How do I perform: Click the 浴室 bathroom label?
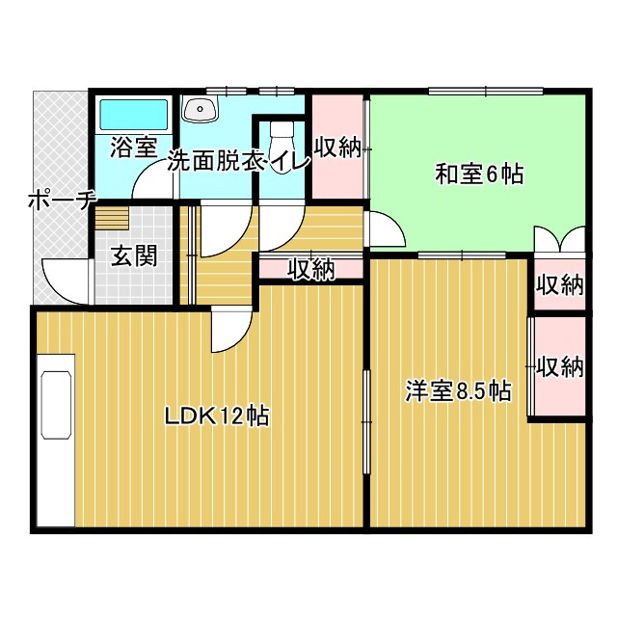(x=133, y=148)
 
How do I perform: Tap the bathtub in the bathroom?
(x=134, y=115)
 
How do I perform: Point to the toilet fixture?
(x=281, y=131)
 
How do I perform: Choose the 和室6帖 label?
(x=479, y=174)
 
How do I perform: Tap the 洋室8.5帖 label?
(x=457, y=391)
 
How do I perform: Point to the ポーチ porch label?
(x=59, y=201)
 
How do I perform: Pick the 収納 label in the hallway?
(x=310, y=270)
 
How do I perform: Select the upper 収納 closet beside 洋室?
(x=559, y=285)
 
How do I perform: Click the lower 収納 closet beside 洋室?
(x=559, y=366)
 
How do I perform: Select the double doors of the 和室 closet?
(x=559, y=239)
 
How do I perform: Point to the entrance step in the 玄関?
(x=110, y=218)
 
